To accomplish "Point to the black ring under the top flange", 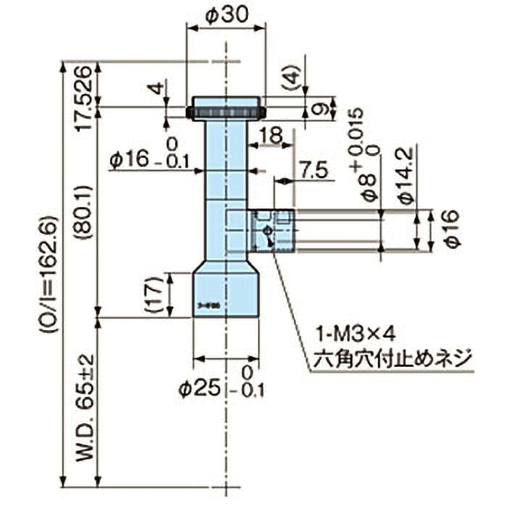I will pos(225,114).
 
